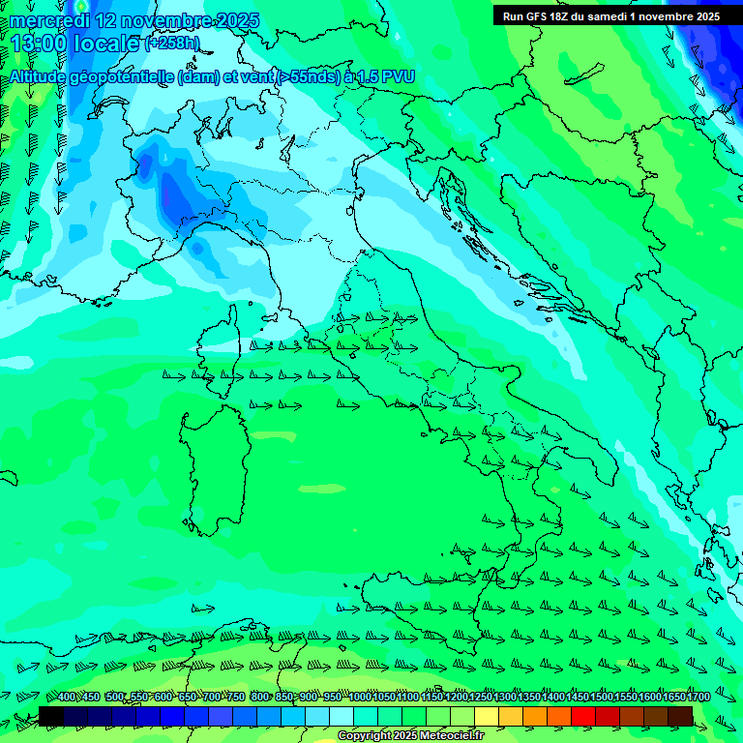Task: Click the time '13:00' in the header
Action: pyautogui.click(x=41, y=44)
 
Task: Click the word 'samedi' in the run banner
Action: pyautogui.click(x=618, y=16)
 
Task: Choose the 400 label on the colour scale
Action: pyautogui.click(x=67, y=698)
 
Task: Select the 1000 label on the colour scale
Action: pyautogui.click(x=360, y=698)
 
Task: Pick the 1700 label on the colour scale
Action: pyautogui.click(x=698, y=698)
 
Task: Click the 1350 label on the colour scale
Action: pyautogui.click(x=529, y=698)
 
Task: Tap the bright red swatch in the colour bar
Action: pyautogui.click(x=583, y=716)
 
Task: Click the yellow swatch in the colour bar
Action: pyautogui.click(x=487, y=716)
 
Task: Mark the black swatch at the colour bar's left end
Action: pyautogui.click(x=51, y=716)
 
